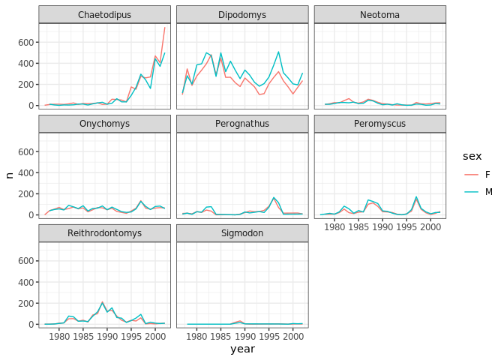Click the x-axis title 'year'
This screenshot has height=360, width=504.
tap(242, 349)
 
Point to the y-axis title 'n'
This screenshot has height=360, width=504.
tap(9, 175)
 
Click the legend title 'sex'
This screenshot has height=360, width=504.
tap(472, 155)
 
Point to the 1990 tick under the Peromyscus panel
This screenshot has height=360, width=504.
tap(382, 227)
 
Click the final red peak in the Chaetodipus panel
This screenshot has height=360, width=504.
tap(165, 28)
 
